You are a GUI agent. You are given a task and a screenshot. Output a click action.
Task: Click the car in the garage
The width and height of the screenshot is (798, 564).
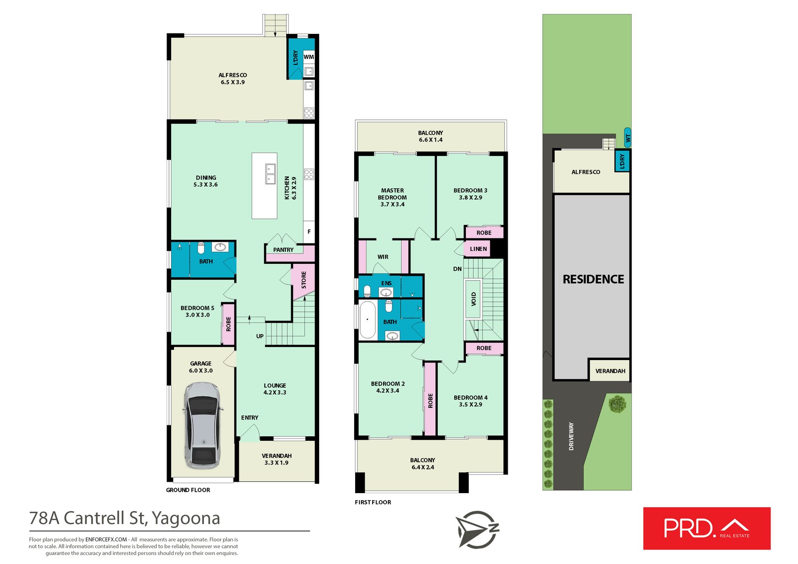point(202,425)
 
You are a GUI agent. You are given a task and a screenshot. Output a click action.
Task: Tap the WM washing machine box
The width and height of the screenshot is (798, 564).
point(309,57)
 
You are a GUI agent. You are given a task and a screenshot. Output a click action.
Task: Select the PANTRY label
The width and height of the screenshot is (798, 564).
point(283,250)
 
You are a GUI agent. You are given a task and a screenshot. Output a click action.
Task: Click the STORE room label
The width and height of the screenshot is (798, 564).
point(304,280)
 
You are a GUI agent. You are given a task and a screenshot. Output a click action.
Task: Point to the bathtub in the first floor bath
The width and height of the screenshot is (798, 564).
point(368,319)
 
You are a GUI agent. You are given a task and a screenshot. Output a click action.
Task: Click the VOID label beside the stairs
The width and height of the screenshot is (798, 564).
point(473,299)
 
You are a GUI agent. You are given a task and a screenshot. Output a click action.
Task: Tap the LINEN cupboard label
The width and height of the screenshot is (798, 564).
point(478,249)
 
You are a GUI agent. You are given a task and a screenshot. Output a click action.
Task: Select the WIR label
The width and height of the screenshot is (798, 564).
point(383,257)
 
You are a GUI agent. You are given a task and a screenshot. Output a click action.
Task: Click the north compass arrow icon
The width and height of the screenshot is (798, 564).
point(476,529)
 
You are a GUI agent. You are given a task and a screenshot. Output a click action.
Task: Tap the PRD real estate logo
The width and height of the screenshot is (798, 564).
point(706,529)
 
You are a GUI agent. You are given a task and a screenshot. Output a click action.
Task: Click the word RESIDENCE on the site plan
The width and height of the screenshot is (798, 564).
point(593,279)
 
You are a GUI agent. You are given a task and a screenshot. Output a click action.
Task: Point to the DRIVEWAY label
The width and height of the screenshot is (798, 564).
point(571,436)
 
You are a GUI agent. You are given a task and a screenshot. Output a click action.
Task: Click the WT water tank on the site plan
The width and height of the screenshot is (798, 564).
point(628,137)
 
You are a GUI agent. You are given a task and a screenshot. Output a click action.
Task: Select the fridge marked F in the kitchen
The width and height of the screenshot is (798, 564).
point(309,232)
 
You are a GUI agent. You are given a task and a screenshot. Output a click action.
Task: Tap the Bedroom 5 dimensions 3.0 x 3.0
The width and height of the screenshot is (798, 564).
point(198,315)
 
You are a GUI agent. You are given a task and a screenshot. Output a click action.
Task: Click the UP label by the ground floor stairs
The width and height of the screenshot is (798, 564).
point(260,336)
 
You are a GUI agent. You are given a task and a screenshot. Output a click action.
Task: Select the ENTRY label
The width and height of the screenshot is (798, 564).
point(249,418)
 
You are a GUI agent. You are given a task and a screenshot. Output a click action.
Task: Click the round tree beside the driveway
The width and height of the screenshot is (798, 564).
point(617,403)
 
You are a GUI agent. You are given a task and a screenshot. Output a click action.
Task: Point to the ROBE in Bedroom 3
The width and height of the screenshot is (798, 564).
point(484,233)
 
